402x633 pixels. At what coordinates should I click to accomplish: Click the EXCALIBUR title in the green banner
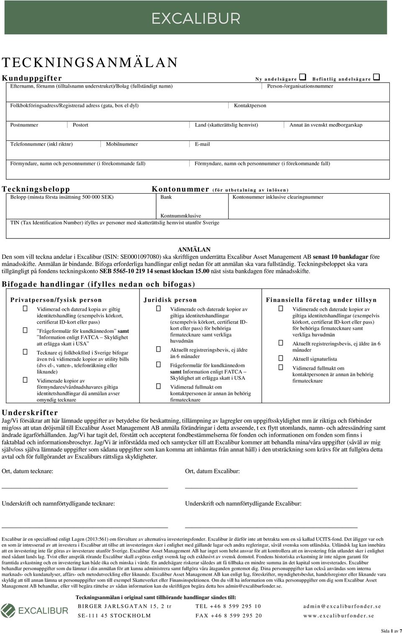click(x=196, y=18)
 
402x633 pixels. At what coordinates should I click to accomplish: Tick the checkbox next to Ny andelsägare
click(x=303, y=77)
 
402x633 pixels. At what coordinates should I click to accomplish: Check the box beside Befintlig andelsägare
click(x=376, y=77)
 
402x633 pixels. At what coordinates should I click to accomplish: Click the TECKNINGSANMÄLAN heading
click(x=90, y=62)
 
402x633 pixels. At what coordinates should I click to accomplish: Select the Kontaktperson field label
click(x=250, y=106)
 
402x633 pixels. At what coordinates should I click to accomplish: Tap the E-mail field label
click(x=202, y=144)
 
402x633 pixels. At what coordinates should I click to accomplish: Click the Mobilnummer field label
click(x=122, y=144)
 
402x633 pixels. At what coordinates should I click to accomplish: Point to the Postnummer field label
click(x=24, y=125)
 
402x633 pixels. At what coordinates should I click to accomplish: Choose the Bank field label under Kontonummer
click(x=166, y=197)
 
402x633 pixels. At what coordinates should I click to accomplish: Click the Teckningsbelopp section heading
click(x=36, y=189)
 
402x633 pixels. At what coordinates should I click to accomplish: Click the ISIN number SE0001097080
click(x=140, y=257)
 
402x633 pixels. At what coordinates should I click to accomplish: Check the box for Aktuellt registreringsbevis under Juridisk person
click(x=159, y=349)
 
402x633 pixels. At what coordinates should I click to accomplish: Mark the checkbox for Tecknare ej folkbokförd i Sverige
click(x=25, y=352)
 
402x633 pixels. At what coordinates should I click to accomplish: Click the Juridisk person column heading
click(x=170, y=300)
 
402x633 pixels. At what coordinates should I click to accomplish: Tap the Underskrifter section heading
click(x=30, y=412)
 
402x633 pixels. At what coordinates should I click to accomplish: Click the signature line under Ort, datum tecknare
click(x=85, y=488)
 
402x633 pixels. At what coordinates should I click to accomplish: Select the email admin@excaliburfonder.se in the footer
click(x=342, y=606)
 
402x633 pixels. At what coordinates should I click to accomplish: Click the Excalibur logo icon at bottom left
click(x=8, y=610)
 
